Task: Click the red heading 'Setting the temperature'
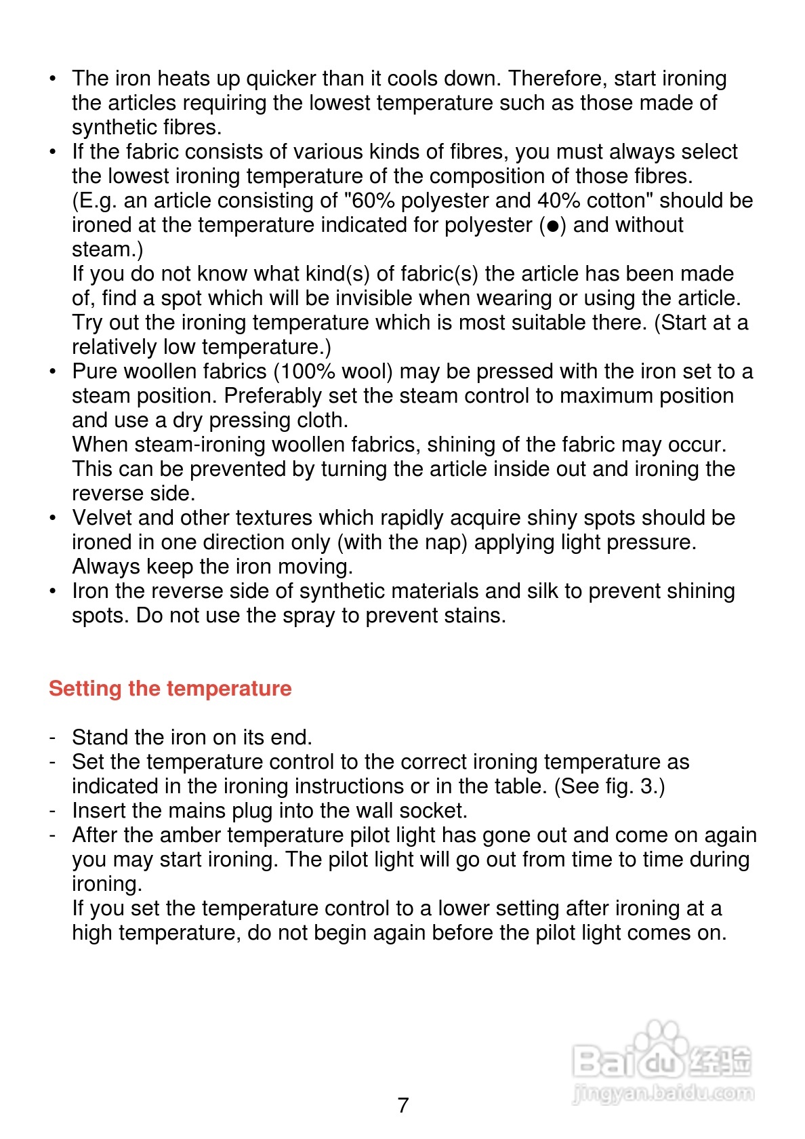click(x=170, y=688)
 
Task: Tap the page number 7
click(x=403, y=1105)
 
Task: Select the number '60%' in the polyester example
click(x=373, y=201)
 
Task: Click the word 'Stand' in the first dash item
click(x=100, y=738)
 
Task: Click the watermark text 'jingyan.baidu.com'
click(x=662, y=1093)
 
